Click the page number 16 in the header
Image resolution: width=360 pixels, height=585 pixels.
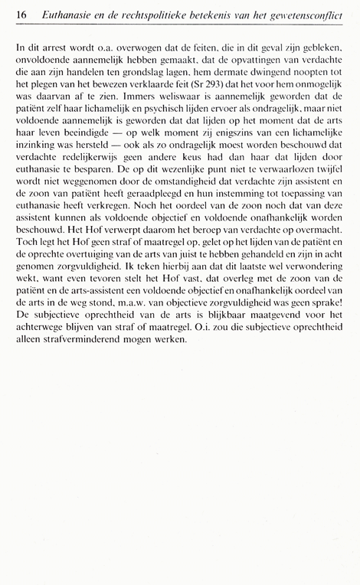click(20, 15)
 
